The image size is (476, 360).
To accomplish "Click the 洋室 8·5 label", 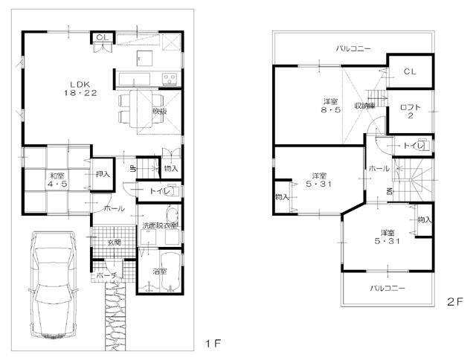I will tap(330, 106).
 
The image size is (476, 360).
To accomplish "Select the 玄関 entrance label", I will tap(112, 242).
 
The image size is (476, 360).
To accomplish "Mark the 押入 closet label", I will tap(102, 174).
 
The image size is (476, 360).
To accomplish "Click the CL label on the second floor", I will tap(410, 71).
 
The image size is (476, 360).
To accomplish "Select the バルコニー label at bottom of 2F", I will tap(387, 288).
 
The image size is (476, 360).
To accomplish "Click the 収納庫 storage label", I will tap(364, 106).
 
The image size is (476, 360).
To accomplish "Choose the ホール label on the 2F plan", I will tap(378, 169).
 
